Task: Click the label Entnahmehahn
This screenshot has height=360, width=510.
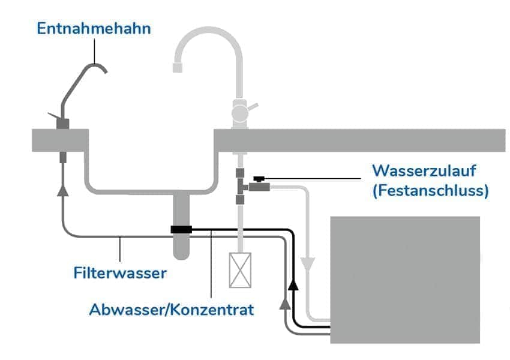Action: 93,28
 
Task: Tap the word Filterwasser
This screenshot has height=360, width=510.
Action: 120,273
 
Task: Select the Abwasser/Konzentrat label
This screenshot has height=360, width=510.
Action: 171,310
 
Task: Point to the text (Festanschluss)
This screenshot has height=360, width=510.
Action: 430,191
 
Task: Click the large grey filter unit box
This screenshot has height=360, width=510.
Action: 406,280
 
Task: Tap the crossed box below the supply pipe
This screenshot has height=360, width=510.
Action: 240,271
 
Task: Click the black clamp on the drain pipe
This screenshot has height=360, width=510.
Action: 181,229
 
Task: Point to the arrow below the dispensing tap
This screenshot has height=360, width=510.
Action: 62,190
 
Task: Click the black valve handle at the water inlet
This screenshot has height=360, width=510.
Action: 259,179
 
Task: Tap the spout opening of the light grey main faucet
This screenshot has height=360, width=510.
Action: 177,67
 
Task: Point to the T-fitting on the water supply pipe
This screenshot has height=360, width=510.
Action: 240,187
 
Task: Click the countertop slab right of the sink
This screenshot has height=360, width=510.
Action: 360,140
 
